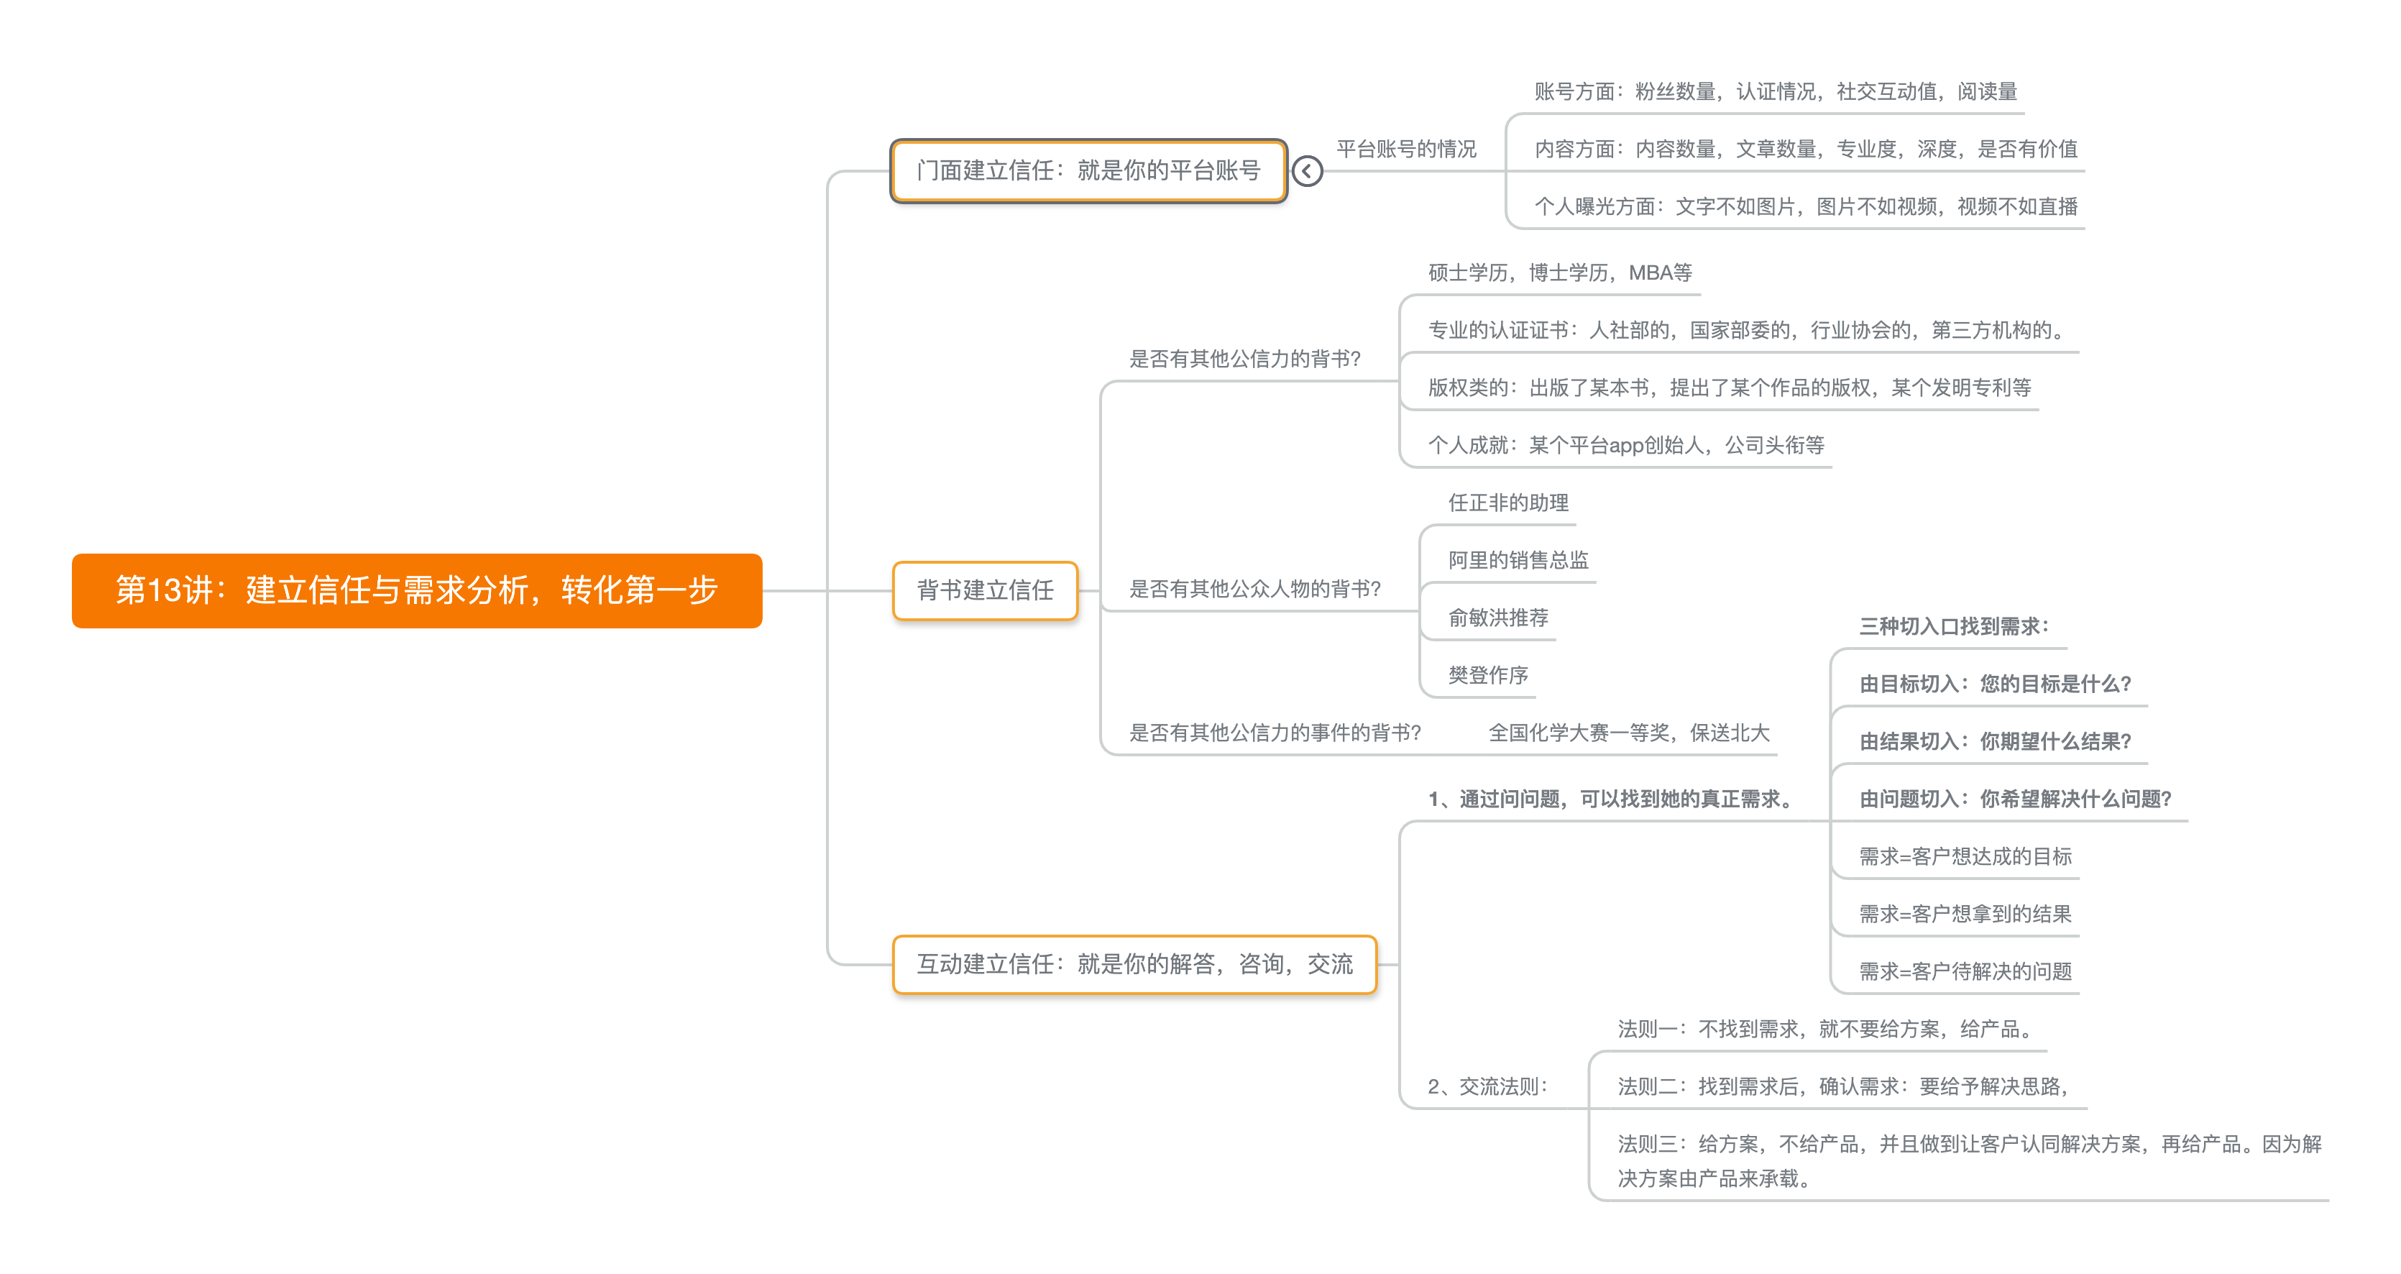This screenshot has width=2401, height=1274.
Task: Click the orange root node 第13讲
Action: click(417, 590)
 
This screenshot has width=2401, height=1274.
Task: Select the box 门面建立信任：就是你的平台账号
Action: click(1088, 170)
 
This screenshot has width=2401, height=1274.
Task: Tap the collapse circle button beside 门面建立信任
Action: click(1307, 170)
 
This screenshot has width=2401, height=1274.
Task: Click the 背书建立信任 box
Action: click(984, 590)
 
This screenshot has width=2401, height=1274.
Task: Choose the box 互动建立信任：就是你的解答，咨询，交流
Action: click(1134, 963)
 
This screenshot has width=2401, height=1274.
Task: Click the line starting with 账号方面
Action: click(1775, 91)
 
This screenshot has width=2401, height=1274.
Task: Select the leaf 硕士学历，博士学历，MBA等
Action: click(1559, 272)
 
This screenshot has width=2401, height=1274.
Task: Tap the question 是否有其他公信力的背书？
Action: click(1244, 359)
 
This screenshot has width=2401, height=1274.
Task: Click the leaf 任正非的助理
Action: click(1507, 503)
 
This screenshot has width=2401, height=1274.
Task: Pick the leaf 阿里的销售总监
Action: click(1518, 560)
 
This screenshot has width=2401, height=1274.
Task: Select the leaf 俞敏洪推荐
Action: click(1498, 618)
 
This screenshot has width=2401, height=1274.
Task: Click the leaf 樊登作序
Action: click(1487, 676)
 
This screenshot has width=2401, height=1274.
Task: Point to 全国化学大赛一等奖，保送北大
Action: click(1628, 733)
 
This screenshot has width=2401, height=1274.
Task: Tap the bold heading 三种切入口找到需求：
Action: click(1954, 626)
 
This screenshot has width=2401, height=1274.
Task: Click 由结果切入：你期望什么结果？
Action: click(1995, 742)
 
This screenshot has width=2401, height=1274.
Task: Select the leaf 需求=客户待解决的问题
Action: click(1965, 972)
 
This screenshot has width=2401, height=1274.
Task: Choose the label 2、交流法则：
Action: click(1487, 1086)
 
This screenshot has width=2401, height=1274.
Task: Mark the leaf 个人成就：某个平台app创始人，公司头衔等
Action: click(1625, 446)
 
